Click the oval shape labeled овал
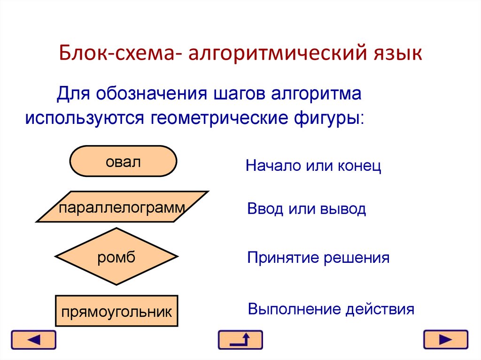(x=123, y=161)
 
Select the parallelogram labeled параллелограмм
(x=122, y=207)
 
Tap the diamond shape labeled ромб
(x=116, y=256)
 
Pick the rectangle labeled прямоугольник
(x=116, y=311)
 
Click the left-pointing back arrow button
(x=33, y=340)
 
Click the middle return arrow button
(x=240, y=340)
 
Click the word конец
(x=359, y=166)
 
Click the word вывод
(x=343, y=209)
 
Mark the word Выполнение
(x=294, y=309)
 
